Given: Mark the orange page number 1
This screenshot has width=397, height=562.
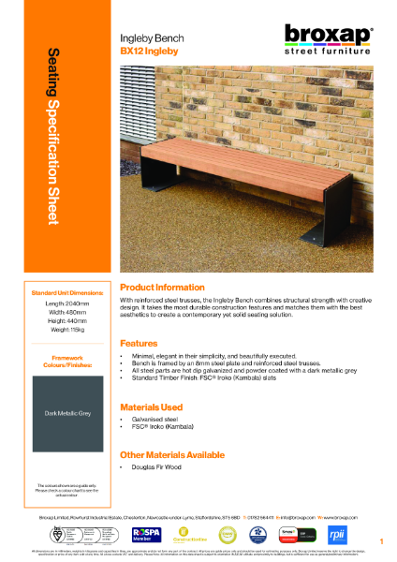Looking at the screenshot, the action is click(382, 542).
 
